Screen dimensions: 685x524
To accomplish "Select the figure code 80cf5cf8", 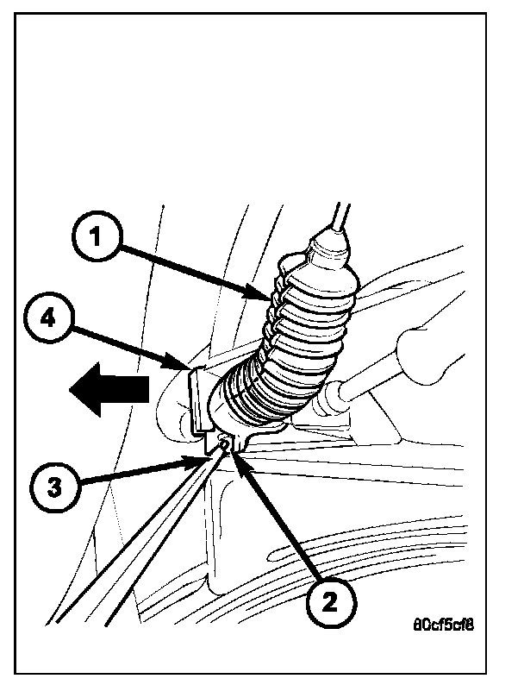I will pos(442,620).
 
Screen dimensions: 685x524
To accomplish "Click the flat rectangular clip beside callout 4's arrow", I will pos(198,399).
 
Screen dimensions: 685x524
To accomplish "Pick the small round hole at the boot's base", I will pos(227,443).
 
